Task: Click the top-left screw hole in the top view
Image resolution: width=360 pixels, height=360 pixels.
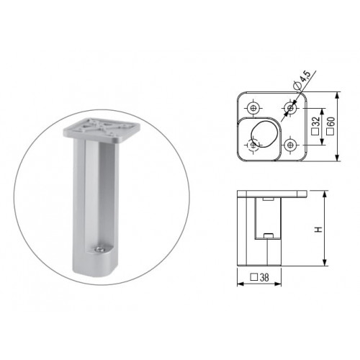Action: (x=253, y=109)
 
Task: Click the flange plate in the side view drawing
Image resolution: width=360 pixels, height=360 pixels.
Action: (x=274, y=194)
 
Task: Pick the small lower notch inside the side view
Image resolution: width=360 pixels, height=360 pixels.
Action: (x=266, y=234)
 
